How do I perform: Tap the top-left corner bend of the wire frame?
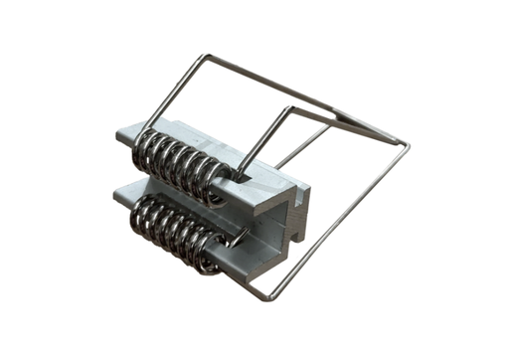206,56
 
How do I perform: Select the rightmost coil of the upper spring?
222,180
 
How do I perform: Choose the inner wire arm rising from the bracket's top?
263,139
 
